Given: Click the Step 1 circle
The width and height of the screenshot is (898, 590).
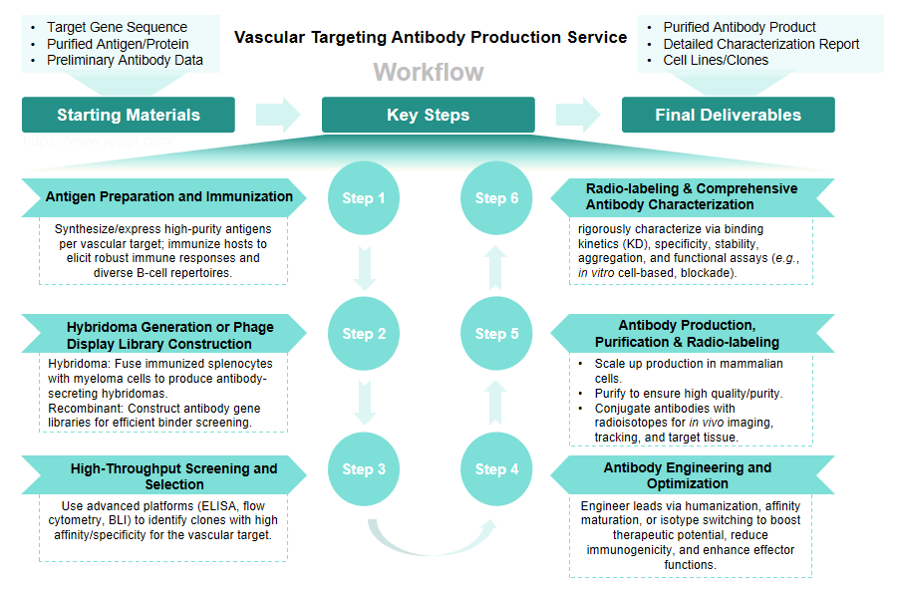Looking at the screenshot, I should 364,197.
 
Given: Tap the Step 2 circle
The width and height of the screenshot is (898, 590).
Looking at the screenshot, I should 364,334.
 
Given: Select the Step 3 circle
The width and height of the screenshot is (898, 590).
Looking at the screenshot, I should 364,469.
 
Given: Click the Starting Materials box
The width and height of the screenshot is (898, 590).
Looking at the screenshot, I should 129,115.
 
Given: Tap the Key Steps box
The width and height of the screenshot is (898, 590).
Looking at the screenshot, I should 428,115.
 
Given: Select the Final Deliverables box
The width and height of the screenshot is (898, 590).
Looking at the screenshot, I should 728,115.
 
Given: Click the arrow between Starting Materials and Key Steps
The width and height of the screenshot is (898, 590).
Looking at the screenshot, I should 278,115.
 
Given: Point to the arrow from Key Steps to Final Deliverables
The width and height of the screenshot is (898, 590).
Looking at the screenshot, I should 578,115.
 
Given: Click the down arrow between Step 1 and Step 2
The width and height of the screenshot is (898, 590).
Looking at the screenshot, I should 365,266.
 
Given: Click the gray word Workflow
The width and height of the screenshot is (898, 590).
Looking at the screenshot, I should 429,72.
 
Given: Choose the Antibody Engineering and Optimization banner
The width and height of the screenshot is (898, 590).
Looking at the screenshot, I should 688,475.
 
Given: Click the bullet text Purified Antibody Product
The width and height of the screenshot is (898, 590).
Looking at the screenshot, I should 739,27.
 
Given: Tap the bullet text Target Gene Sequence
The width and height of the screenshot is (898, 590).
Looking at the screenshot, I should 117,27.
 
